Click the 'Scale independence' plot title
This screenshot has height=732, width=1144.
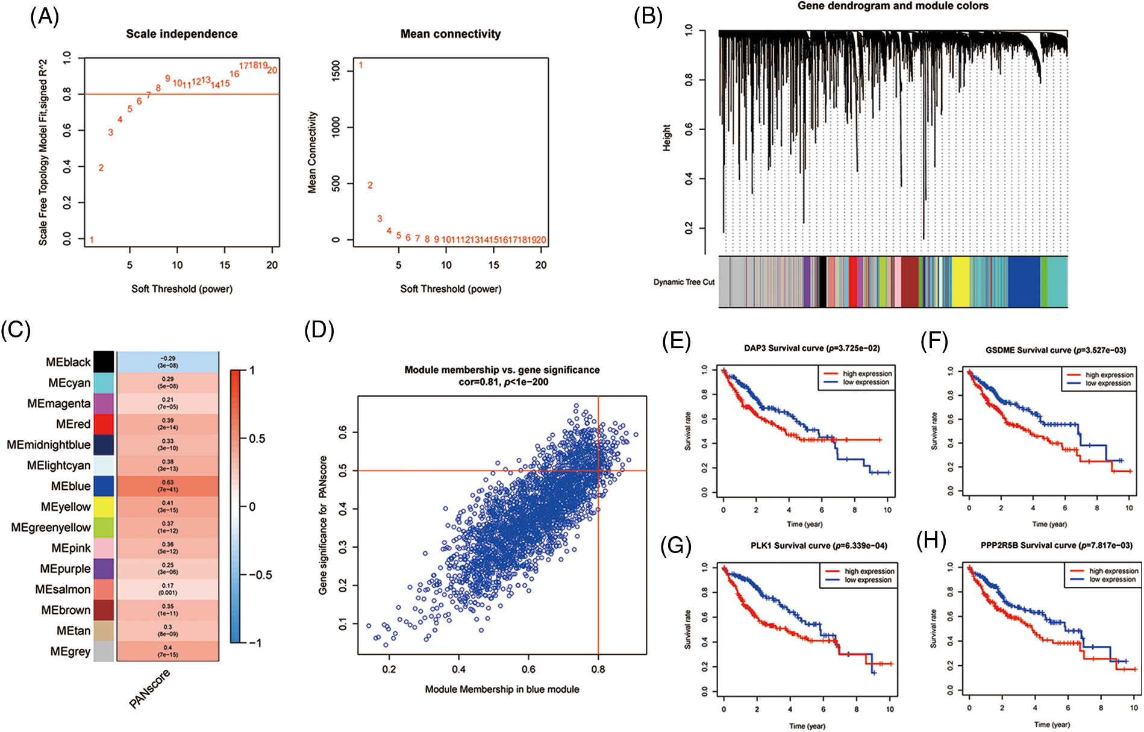click(x=181, y=34)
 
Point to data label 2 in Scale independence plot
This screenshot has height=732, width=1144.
click(x=101, y=168)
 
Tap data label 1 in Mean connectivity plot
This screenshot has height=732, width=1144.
click(x=361, y=65)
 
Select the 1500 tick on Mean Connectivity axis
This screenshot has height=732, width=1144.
click(x=336, y=69)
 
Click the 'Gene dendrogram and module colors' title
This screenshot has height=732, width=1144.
click(x=893, y=6)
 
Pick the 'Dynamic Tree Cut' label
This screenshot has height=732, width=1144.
click(x=684, y=282)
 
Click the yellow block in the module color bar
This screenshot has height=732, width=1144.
click(x=960, y=282)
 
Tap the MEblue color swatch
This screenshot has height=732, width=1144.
click(x=104, y=486)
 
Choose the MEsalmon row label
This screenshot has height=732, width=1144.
click(x=63, y=589)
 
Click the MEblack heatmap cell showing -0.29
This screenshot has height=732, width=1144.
click(x=167, y=362)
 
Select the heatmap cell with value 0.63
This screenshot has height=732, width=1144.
click(x=167, y=486)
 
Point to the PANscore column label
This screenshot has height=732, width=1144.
click(x=150, y=689)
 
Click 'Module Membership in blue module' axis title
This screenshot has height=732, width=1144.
click(x=502, y=689)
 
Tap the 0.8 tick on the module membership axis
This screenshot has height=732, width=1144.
click(x=598, y=669)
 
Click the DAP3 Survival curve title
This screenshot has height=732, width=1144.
click(x=811, y=348)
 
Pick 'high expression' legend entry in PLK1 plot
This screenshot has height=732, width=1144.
click(x=869, y=571)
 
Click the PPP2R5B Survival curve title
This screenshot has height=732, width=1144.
click(x=1056, y=546)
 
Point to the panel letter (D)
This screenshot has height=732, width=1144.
click(x=319, y=330)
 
